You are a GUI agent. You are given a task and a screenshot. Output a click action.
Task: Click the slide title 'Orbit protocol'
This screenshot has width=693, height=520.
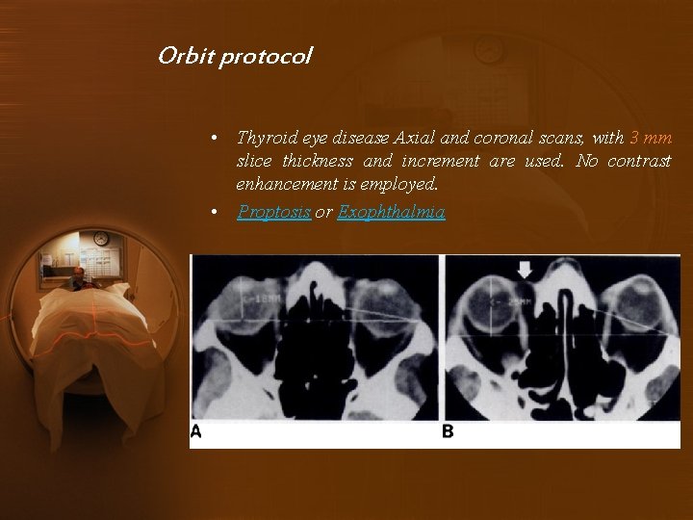click(x=235, y=56)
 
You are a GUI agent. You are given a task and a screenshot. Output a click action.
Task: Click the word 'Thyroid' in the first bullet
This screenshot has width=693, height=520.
click(x=263, y=139)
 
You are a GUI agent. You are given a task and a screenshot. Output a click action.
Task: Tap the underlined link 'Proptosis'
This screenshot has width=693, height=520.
click(x=273, y=212)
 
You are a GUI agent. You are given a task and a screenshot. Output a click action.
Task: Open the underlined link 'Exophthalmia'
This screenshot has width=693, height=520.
click(x=391, y=212)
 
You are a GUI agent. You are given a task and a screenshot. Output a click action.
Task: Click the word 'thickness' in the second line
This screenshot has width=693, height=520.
click(x=309, y=161)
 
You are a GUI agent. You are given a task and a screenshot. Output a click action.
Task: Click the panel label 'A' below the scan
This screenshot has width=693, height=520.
click(x=196, y=432)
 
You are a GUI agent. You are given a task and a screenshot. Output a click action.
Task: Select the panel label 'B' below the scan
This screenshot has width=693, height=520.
click(x=448, y=432)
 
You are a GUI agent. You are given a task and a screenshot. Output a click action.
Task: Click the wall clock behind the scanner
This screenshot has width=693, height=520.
click(x=101, y=239)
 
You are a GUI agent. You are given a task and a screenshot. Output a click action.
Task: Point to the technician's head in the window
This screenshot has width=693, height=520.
click(x=77, y=273)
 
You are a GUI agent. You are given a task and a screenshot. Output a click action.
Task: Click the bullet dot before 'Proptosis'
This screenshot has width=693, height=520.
click(x=219, y=213)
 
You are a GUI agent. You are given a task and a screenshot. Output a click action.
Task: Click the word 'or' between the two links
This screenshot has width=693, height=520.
click(x=323, y=212)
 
